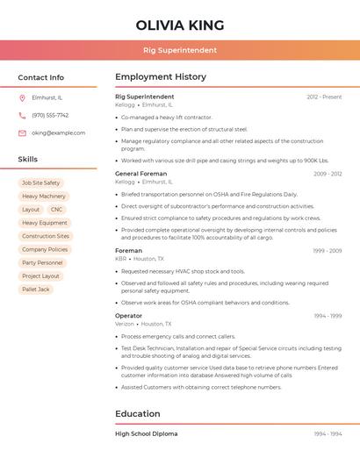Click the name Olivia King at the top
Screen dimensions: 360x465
[180, 25]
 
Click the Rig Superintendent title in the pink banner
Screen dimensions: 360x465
[180, 50]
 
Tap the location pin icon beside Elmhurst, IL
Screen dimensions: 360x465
[22, 98]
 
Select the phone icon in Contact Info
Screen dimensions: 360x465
[22, 116]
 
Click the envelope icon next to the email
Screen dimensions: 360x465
[22, 133]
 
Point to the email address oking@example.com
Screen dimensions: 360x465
[58, 133]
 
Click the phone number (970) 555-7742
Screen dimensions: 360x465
[50, 116]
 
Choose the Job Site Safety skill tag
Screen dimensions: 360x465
[41, 183]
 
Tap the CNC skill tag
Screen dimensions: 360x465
[56, 210]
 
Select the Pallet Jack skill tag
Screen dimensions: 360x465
[36, 290]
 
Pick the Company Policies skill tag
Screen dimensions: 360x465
[45, 249]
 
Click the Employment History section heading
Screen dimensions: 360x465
[161, 77]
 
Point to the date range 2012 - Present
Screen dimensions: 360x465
[324, 97]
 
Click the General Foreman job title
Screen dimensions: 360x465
[141, 174]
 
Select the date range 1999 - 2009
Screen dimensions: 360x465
[328, 251]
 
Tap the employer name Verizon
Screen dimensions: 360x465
[125, 324]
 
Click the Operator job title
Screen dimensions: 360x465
[128, 316]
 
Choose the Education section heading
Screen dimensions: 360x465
[138, 414]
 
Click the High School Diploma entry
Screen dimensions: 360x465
[146, 433]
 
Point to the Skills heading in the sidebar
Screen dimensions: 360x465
[28, 160]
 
